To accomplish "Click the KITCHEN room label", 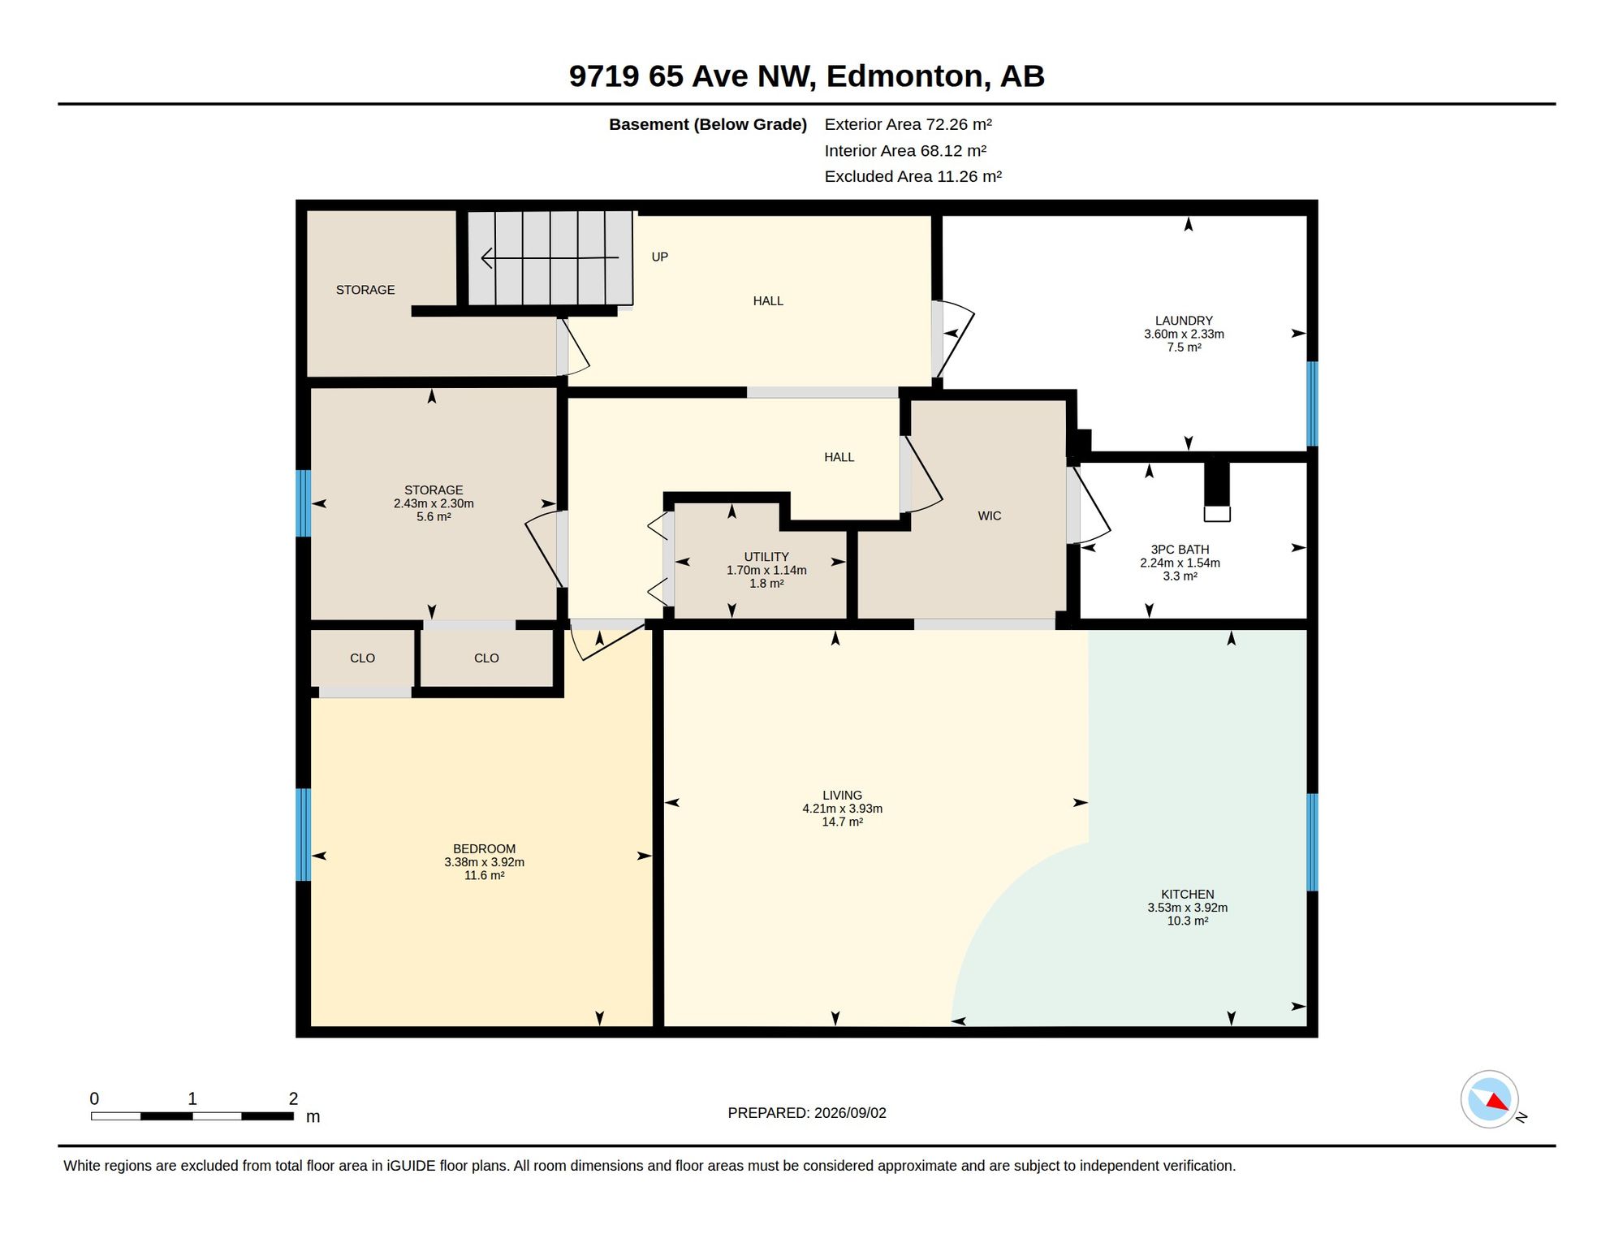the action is point(1187,894).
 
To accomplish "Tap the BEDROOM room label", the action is point(484,848).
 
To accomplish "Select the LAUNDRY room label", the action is point(1184,321).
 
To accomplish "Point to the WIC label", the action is point(989,516).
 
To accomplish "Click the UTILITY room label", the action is point(766,557).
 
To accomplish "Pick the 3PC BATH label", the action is point(1180,550).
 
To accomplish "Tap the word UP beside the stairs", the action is point(659,257).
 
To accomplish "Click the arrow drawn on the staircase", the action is point(550,258).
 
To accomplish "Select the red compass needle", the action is point(1497,1102).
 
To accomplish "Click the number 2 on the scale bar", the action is point(293,1098).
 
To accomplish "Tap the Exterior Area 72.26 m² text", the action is point(908,124).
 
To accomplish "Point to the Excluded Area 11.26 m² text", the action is point(913,176).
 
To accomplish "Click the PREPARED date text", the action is point(806,1113).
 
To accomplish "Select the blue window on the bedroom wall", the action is point(303,835).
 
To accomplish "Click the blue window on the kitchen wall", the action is point(1311,842).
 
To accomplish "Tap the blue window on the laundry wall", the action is point(1311,403).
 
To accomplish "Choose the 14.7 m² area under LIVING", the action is point(842,822).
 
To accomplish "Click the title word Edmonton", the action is point(908,76).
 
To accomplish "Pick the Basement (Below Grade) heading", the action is point(707,124).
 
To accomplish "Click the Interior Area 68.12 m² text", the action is point(904,150).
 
